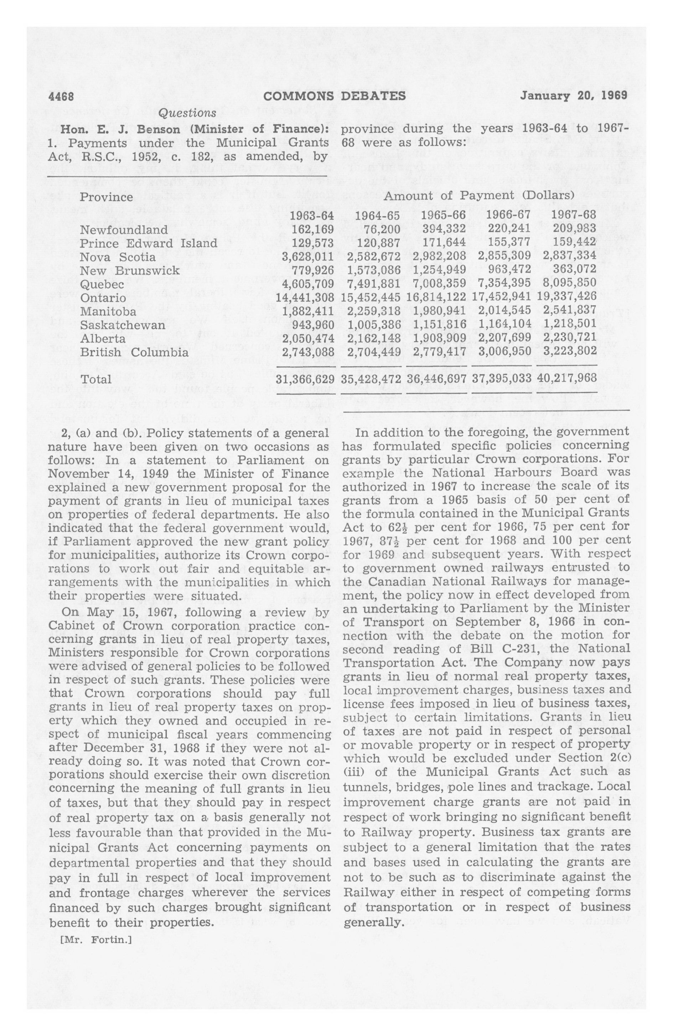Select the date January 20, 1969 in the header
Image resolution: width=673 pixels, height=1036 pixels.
click(x=573, y=95)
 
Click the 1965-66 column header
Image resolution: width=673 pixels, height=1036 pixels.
click(x=443, y=216)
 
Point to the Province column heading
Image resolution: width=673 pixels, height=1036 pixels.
click(x=106, y=197)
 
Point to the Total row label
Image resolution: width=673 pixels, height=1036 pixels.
click(x=96, y=379)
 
